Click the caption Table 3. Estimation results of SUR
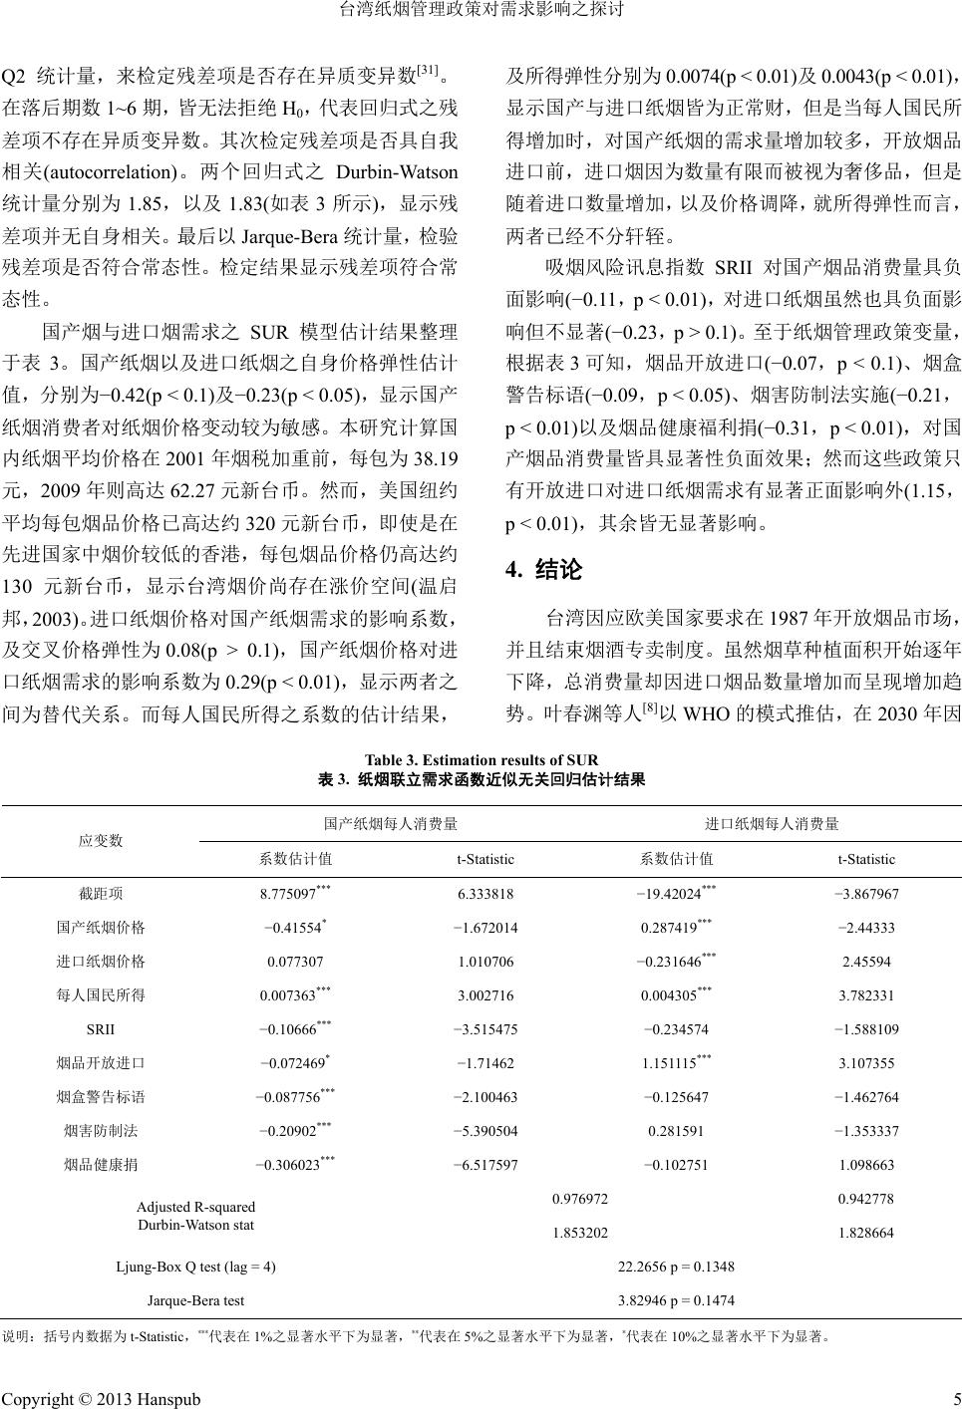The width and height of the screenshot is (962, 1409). [x=481, y=760]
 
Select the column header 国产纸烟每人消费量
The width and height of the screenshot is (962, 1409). [x=391, y=824]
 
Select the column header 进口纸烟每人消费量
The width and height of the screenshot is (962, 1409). [x=772, y=824]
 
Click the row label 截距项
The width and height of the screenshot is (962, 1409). [x=101, y=894]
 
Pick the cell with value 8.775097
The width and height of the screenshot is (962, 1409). [x=291, y=894]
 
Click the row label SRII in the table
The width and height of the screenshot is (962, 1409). [x=101, y=1029]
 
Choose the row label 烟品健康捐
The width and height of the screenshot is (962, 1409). [x=101, y=1164]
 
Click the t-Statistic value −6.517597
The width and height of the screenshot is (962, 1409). [x=484, y=1164]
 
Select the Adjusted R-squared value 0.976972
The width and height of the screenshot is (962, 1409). [x=580, y=1199]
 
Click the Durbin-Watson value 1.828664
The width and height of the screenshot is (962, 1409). [x=865, y=1233]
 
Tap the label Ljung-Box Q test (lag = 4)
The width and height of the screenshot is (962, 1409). [x=195, y=1267]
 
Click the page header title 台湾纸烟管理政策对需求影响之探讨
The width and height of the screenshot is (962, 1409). [x=481, y=12]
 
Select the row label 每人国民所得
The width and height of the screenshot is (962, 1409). [x=101, y=995]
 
